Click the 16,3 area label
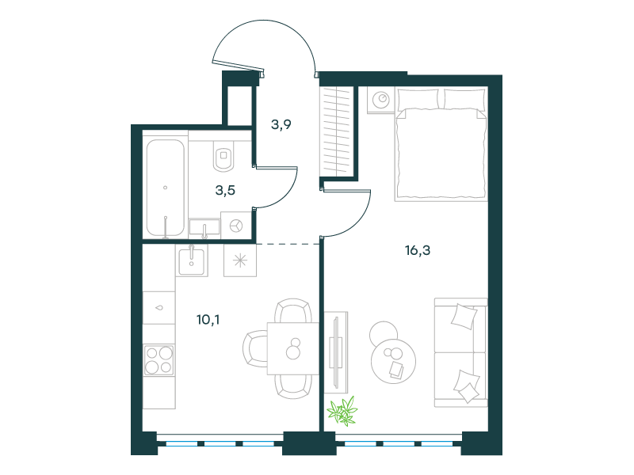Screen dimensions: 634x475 418,250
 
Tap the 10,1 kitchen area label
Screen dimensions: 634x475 208,320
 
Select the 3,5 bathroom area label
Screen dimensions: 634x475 225,190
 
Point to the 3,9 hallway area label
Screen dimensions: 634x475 281,124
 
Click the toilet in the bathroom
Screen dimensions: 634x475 223,155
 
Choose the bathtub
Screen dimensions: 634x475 166,188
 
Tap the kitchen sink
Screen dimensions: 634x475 192,260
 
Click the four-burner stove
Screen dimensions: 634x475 159,359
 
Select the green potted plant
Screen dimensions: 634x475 342,411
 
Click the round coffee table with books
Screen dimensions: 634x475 393,361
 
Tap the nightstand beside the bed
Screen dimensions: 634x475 381,100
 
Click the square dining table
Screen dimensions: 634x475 292,348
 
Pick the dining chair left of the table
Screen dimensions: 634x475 254,348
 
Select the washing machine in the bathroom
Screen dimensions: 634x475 236,226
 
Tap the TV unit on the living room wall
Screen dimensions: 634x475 336,351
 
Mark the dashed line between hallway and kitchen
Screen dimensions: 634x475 288,244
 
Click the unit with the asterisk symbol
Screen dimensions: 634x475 240,260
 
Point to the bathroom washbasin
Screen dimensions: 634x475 204,227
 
